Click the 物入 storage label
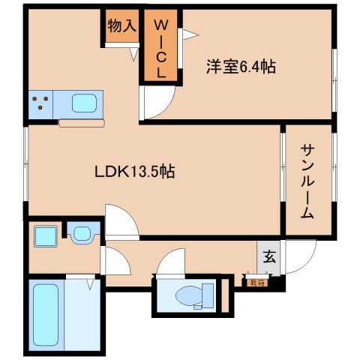pos(121,26)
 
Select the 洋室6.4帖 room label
pos(241,67)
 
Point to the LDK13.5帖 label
pos(135,172)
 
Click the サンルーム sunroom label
pos(307,180)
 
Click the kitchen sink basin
pos(83,103)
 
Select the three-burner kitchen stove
pos(41,103)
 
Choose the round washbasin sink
pos(81,233)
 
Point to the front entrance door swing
pos(298,259)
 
